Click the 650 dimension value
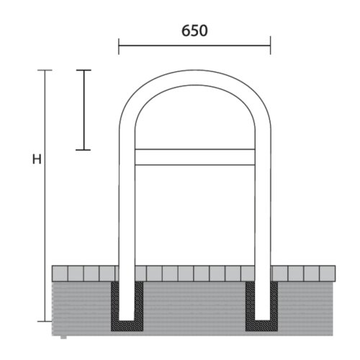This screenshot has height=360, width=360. pyautogui.click(x=194, y=31)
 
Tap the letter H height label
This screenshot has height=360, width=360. pyautogui.click(x=36, y=159)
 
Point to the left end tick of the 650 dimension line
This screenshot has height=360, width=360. pyautogui.click(x=119, y=47)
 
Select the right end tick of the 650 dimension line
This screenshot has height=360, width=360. pyautogui.click(x=271, y=47)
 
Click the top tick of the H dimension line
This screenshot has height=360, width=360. pyautogui.click(x=45, y=70)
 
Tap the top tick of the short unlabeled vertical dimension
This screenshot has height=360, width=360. pyautogui.click(x=84, y=70)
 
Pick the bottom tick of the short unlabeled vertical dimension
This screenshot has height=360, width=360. pyautogui.click(x=84, y=150)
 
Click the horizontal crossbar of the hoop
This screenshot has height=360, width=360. pyautogui.click(x=194, y=157)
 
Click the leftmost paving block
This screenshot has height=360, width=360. pyautogui.click(x=60, y=273)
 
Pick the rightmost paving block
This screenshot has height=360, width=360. pyautogui.click(x=328, y=273)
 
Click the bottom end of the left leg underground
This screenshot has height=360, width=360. pyautogui.click(x=127, y=319)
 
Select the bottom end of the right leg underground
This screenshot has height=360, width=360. pyautogui.click(x=263, y=319)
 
